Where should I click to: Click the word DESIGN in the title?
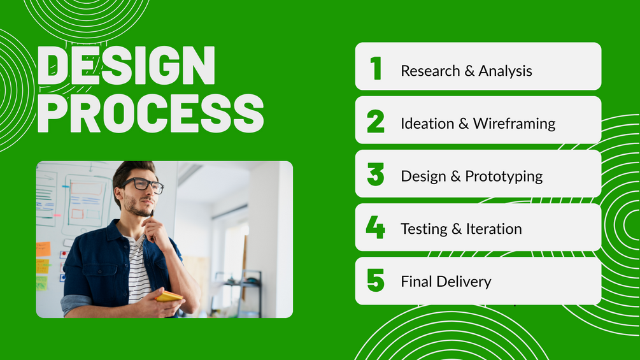126,65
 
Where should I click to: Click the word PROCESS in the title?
151,113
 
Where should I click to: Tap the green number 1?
376,68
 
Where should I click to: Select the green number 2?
376,121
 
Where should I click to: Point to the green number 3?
376,175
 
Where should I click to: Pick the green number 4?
376,227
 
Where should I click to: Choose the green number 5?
376,280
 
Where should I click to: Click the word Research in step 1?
430,71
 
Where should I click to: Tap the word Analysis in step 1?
505,71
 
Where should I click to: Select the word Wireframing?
515,124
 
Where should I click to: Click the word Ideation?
427,123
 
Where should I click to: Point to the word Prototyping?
504,176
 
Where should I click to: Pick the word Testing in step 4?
424,229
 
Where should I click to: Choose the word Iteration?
494,229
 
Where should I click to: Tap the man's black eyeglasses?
143,185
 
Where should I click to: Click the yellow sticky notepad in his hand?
169,296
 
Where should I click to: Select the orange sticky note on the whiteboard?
43,249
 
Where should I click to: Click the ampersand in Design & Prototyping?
455,176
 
